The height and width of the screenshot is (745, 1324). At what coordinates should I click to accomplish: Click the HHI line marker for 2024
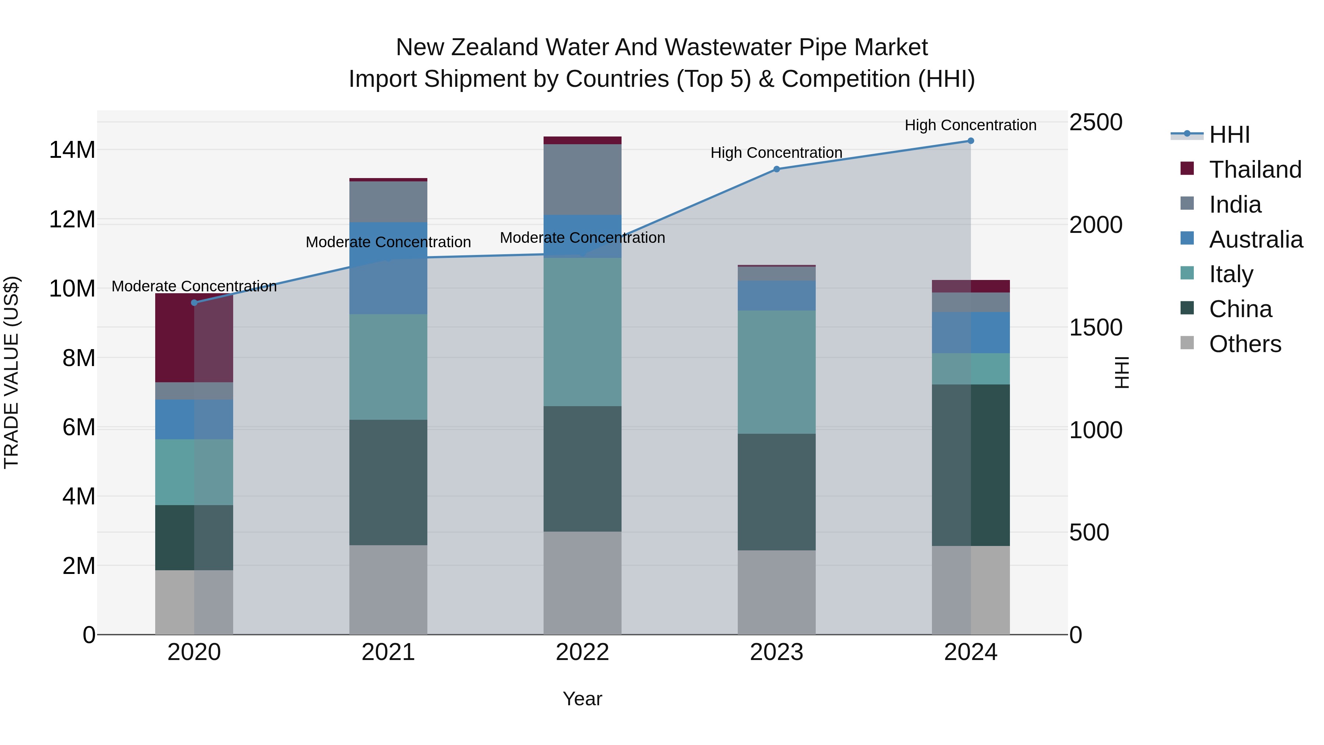click(971, 141)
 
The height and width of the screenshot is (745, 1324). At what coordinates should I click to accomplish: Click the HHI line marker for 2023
click(777, 169)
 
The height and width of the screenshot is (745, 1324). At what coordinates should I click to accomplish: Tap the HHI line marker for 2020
click(194, 303)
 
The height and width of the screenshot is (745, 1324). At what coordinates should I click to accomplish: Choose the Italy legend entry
click(1231, 274)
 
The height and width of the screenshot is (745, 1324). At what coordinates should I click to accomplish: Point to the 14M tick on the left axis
click(72, 150)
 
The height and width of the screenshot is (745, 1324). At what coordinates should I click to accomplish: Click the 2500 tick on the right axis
click(1096, 123)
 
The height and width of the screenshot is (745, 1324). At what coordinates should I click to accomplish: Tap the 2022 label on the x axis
click(582, 652)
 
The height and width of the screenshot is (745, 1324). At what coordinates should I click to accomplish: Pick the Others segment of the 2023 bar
click(777, 592)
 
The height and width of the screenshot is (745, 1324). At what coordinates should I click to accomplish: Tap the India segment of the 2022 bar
click(582, 180)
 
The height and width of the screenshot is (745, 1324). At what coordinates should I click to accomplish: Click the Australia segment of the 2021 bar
click(388, 268)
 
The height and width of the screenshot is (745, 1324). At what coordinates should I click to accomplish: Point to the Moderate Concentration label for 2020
click(194, 286)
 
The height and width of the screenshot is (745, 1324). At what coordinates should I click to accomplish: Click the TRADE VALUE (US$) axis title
click(11, 372)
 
